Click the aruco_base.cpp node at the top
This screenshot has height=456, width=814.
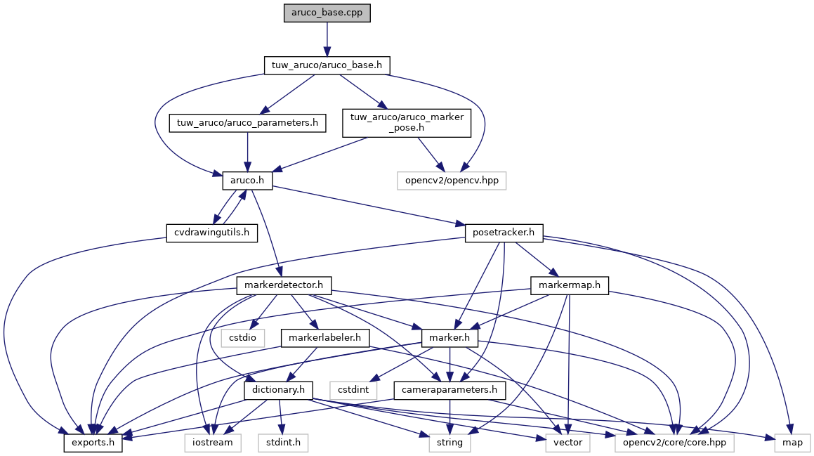(x=327, y=13)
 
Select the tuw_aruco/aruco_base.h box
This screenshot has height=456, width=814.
(x=327, y=65)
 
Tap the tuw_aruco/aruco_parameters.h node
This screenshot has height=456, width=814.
(x=247, y=123)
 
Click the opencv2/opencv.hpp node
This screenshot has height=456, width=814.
(x=452, y=181)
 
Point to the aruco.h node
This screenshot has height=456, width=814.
(x=247, y=181)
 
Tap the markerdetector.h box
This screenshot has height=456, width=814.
(x=284, y=285)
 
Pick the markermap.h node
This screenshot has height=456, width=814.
(x=569, y=285)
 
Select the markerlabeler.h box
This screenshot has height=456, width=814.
(x=325, y=338)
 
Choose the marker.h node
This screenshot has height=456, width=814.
(x=449, y=338)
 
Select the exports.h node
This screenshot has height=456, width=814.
(x=93, y=443)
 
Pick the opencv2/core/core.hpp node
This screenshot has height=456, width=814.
(x=674, y=443)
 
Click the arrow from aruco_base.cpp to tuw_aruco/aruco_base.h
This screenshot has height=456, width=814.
(x=327, y=39)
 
